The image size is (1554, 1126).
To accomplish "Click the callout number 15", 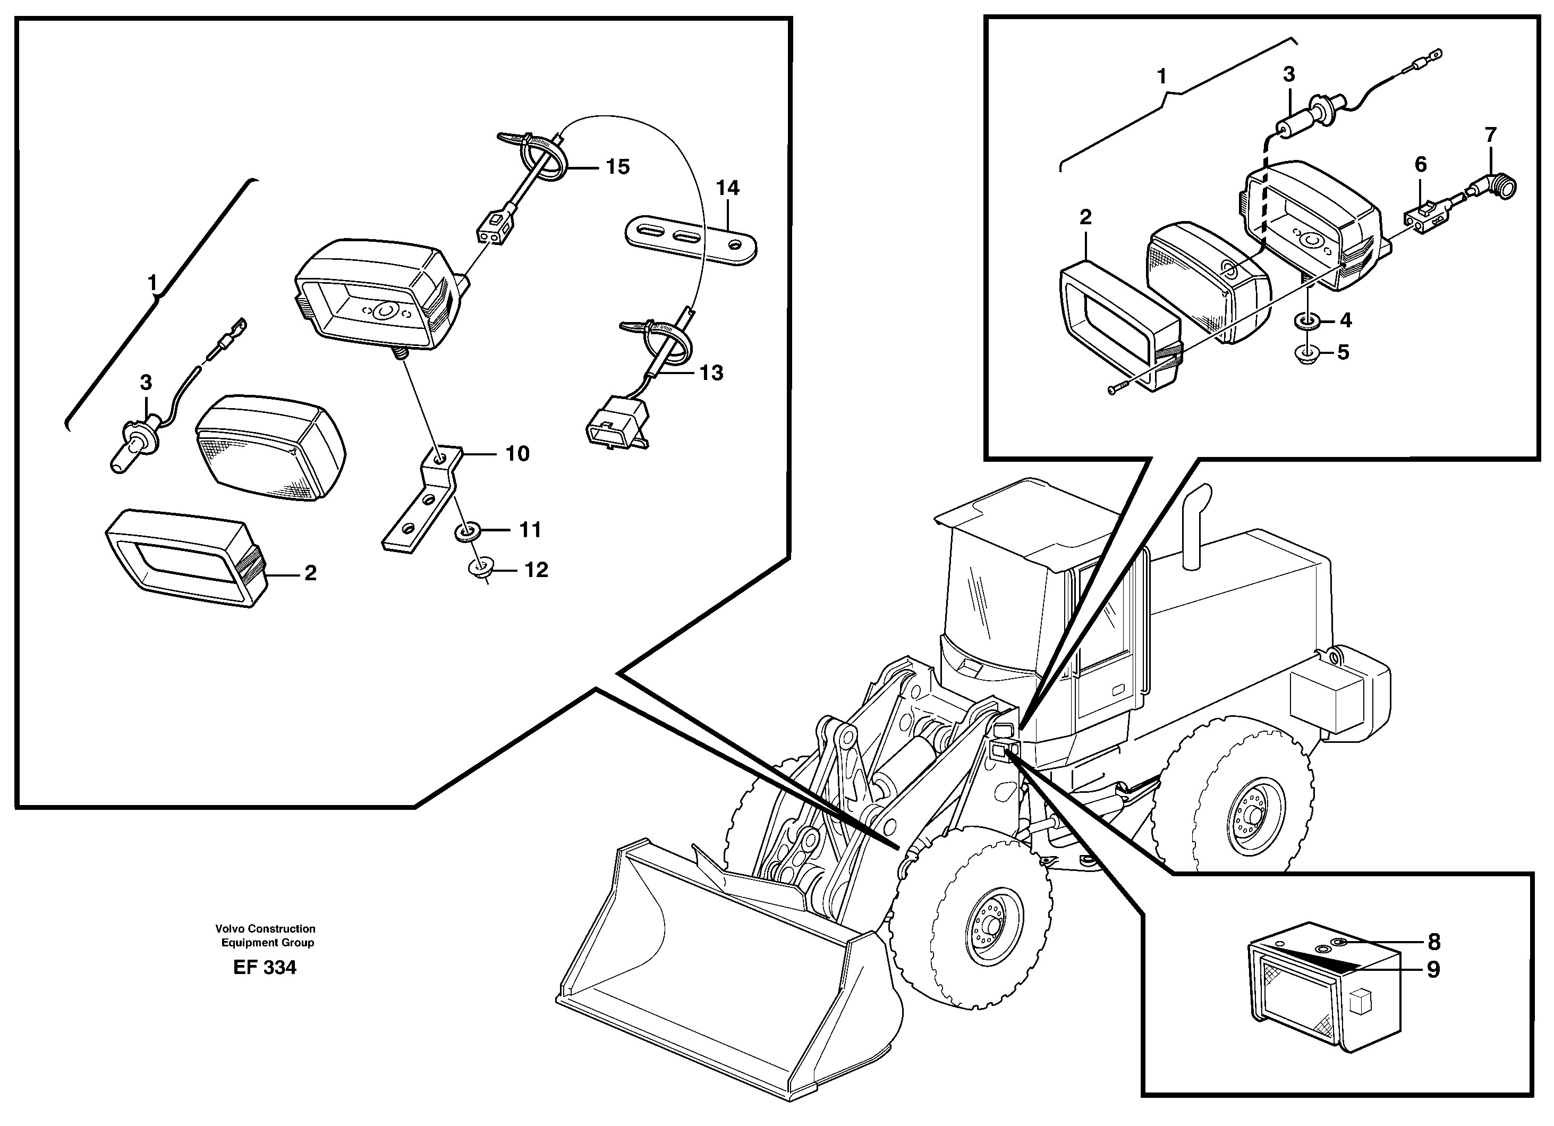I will [617, 166].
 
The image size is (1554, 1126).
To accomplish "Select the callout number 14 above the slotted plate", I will [728, 188].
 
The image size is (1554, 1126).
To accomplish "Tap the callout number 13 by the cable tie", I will [711, 373].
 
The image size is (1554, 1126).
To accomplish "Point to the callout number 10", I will [517, 454].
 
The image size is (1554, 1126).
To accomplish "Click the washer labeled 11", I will [469, 530].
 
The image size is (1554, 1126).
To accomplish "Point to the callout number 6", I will [1421, 165].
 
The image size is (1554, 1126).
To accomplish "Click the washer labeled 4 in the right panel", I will [1306, 319].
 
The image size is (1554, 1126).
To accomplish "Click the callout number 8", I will [1433, 942].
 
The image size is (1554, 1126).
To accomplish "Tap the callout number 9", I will [1433, 970].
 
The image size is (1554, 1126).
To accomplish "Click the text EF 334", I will [265, 967].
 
